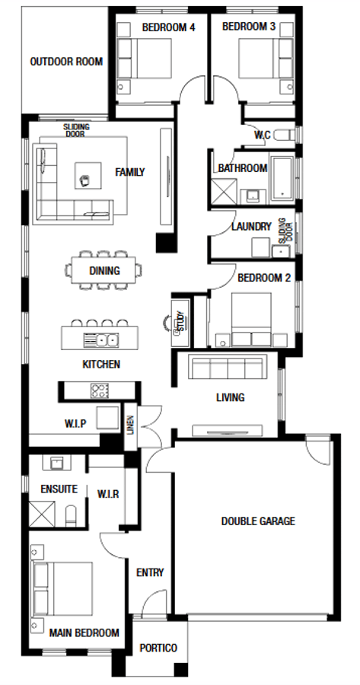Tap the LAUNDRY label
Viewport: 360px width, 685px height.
[x=250, y=226]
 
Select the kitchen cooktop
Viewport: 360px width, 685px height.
[x=99, y=391]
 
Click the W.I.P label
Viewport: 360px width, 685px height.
[x=80, y=423]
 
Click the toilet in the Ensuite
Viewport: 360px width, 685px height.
[x=72, y=517]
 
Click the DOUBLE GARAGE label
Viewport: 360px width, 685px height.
[x=258, y=521]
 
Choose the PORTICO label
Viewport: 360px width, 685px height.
[x=158, y=648]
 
